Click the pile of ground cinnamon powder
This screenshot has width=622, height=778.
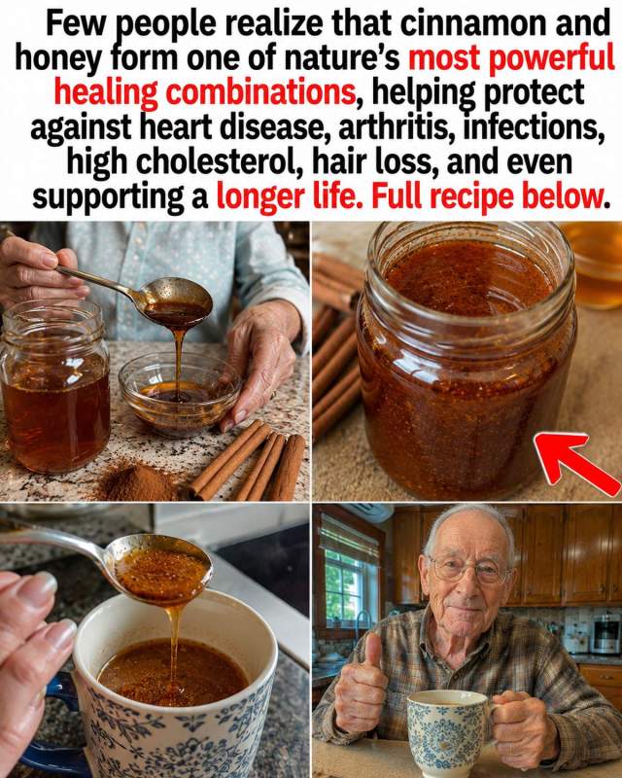click(135, 480)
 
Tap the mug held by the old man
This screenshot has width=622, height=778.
click(447, 730)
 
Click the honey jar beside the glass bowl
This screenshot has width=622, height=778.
click(54, 387)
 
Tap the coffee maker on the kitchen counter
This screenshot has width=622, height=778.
click(606, 632)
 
